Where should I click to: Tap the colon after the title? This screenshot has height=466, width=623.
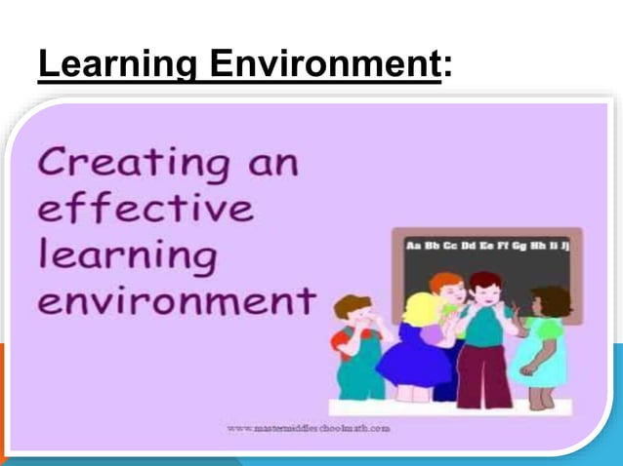447,70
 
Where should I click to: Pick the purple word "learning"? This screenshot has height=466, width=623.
127,257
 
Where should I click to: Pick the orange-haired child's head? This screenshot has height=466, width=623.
448,287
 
